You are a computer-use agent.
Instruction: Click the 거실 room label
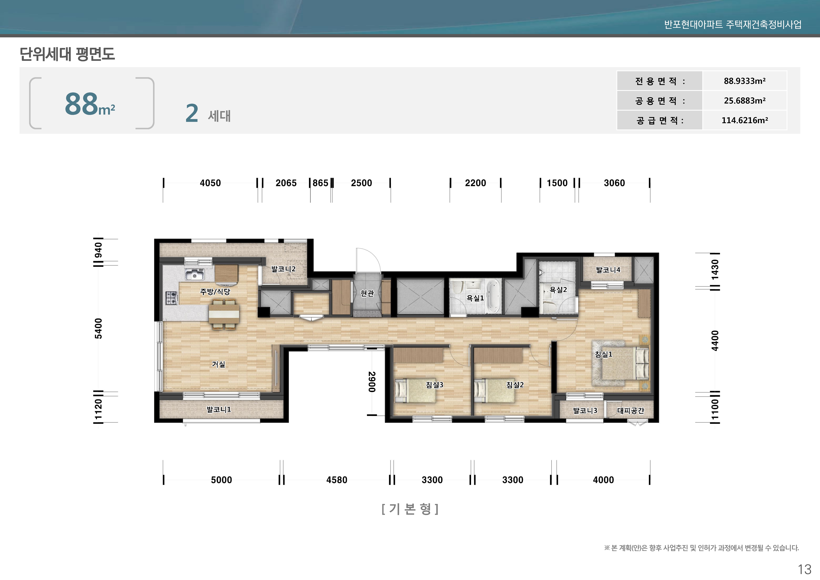[219, 364]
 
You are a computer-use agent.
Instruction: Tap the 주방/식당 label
[215, 292]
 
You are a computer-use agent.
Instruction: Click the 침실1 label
[604, 354]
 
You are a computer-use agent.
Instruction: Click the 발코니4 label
[608, 270]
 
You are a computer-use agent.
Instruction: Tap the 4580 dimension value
[336, 480]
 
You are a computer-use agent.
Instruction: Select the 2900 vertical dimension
[372, 382]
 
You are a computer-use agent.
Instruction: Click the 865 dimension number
[320, 183]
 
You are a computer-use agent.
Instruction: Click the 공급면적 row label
[660, 120]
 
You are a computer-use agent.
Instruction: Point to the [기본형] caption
[410, 509]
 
